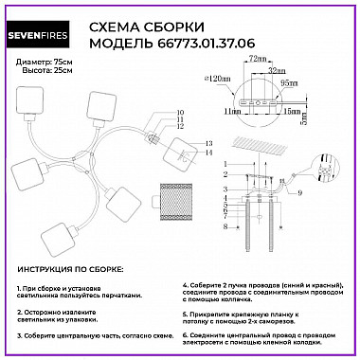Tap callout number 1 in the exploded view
225,166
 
